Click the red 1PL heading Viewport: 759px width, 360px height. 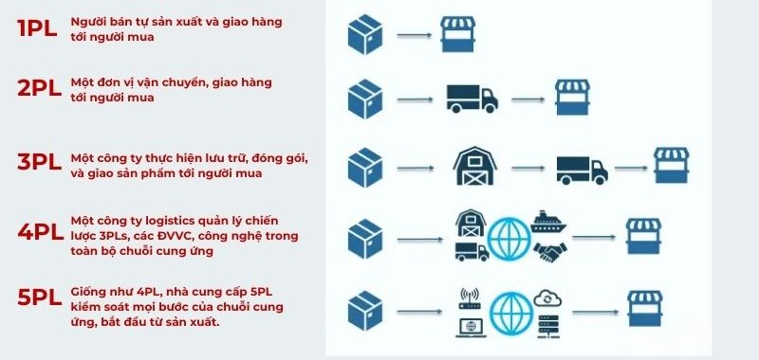click(x=36, y=28)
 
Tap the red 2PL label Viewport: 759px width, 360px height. click(x=39, y=89)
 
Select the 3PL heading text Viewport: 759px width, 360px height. click(x=39, y=162)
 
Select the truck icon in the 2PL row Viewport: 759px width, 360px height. click(x=472, y=97)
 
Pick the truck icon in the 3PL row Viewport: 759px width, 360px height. click(x=582, y=170)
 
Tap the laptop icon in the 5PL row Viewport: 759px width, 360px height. click(x=471, y=326)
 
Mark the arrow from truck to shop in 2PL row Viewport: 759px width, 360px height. click(x=528, y=98)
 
